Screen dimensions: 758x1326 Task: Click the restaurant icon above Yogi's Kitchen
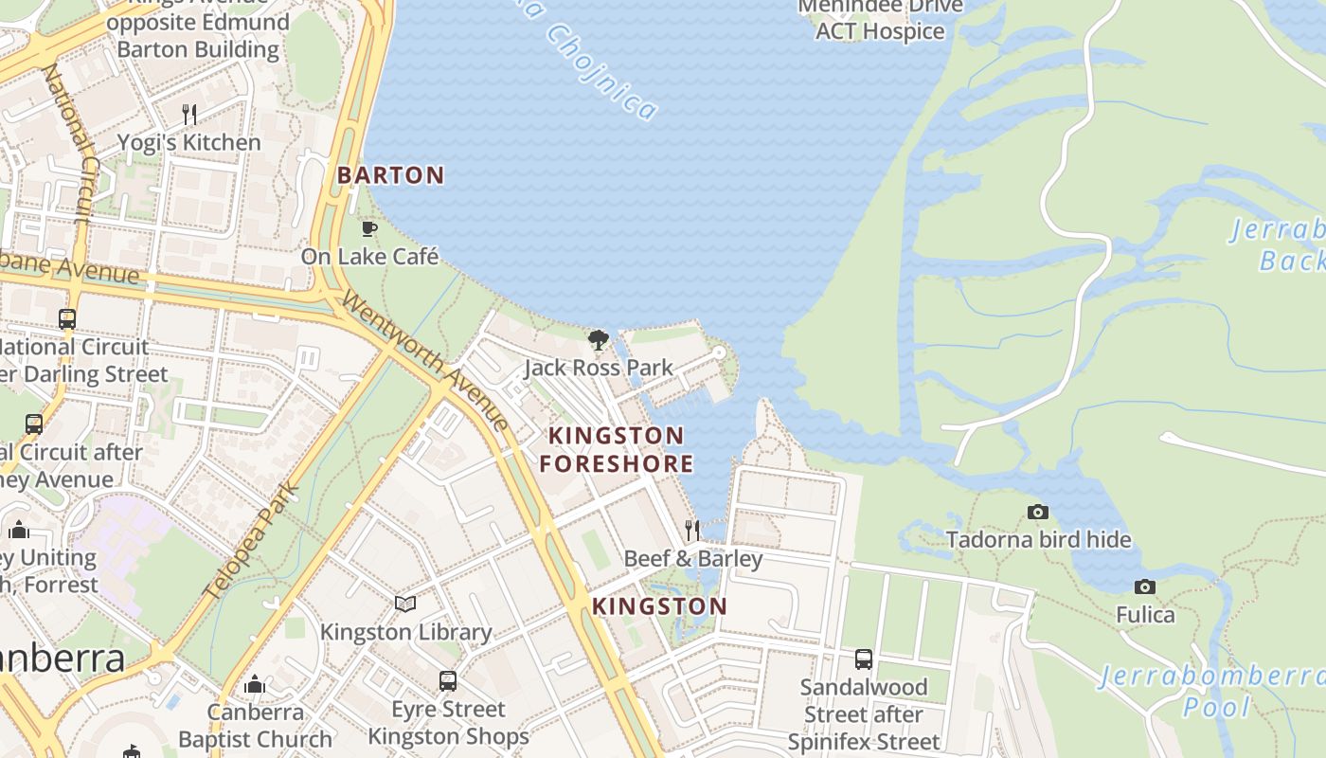pos(189,115)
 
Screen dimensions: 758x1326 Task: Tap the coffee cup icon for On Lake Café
pos(369,228)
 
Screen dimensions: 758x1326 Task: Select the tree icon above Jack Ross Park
pos(598,339)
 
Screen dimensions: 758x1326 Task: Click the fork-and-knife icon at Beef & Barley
pos(692,530)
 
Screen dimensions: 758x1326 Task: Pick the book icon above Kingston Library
pos(405,604)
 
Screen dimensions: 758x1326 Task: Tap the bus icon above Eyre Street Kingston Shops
pos(448,680)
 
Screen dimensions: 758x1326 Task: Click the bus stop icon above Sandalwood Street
pos(863,659)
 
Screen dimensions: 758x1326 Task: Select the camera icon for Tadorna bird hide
pos(1038,512)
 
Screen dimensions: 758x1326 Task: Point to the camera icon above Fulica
pos(1144,587)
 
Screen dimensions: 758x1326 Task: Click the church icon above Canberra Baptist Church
pos(254,684)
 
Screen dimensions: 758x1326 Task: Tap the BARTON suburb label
pos(390,175)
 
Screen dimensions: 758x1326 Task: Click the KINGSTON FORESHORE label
pos(620,449)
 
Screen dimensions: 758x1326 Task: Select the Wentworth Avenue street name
pos(426,361)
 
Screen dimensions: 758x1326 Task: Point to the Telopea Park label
pos(252,542)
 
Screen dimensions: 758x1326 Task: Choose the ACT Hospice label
pos(880,31)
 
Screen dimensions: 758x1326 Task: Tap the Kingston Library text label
pos(405,632)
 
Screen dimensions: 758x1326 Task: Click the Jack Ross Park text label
pos(598,368)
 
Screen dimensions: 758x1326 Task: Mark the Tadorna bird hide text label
pos(1038,540)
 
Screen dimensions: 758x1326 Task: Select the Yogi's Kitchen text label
pos(189,143)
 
